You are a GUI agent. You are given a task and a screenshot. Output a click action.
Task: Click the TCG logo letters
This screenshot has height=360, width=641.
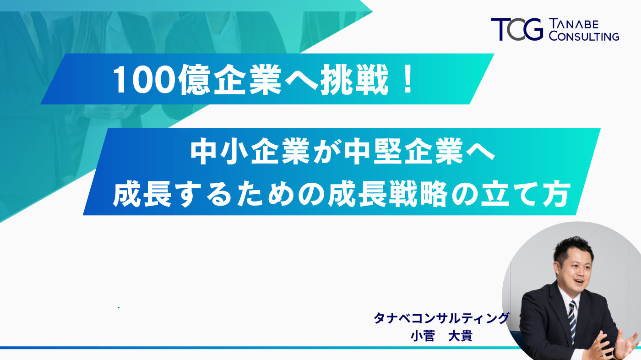point(516,29)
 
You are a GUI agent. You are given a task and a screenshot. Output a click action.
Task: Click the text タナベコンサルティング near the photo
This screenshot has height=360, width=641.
point(441,318)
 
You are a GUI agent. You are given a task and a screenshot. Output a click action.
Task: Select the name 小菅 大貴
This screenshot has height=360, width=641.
point(441,336)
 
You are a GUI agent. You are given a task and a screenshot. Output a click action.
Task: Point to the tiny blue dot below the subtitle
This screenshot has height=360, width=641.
point(119,307)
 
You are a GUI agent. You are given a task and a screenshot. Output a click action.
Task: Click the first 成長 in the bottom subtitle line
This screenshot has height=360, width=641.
point(146,195)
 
